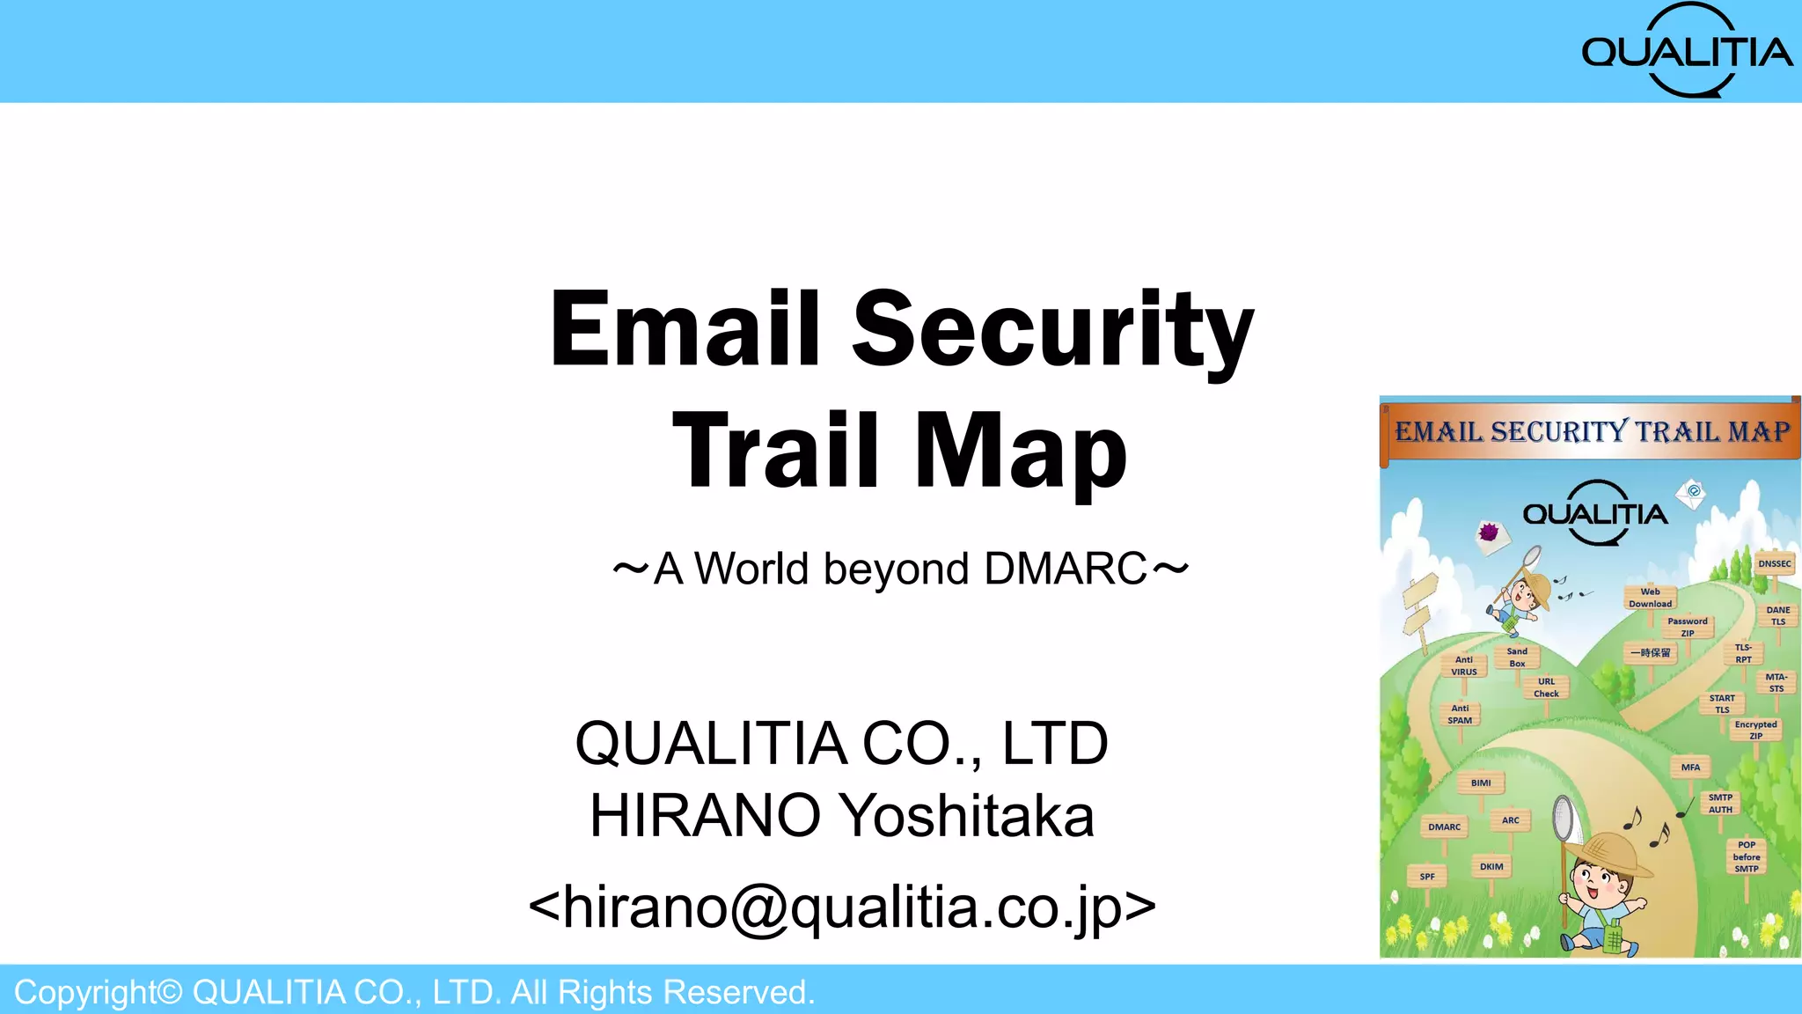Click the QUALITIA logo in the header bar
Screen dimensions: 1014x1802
[x=1687, y=51]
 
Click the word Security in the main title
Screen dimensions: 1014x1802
[x=1052, y=329]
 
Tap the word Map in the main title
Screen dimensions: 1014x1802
[x=1021, y=451]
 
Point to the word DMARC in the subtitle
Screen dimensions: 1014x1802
[x=1066, y=569]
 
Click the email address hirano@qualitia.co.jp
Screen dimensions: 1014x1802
[x=841, y=907]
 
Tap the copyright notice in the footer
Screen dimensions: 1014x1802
[x=414, y=992]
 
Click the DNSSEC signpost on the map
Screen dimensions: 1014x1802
[x=1774, y=563]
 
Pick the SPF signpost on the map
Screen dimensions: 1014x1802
[x=1426, y=877]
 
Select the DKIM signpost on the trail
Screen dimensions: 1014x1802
[x=1491, y=867]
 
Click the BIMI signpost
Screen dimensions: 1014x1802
[x=1481, y=783]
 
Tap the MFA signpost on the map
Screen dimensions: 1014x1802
[x=1690, y=768]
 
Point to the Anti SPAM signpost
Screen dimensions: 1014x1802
[x=1460, y=714]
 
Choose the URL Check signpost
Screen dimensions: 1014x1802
[x=1546, y=687]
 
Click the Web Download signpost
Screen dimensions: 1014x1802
[x=1650, y=598]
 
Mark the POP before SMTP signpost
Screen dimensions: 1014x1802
[x=1747, y=856]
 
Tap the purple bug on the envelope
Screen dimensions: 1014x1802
[x=1489, y=532]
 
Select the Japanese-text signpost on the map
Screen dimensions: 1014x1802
[x=1650, y=653]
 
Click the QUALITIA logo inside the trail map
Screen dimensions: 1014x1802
[x=1594, y=513]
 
